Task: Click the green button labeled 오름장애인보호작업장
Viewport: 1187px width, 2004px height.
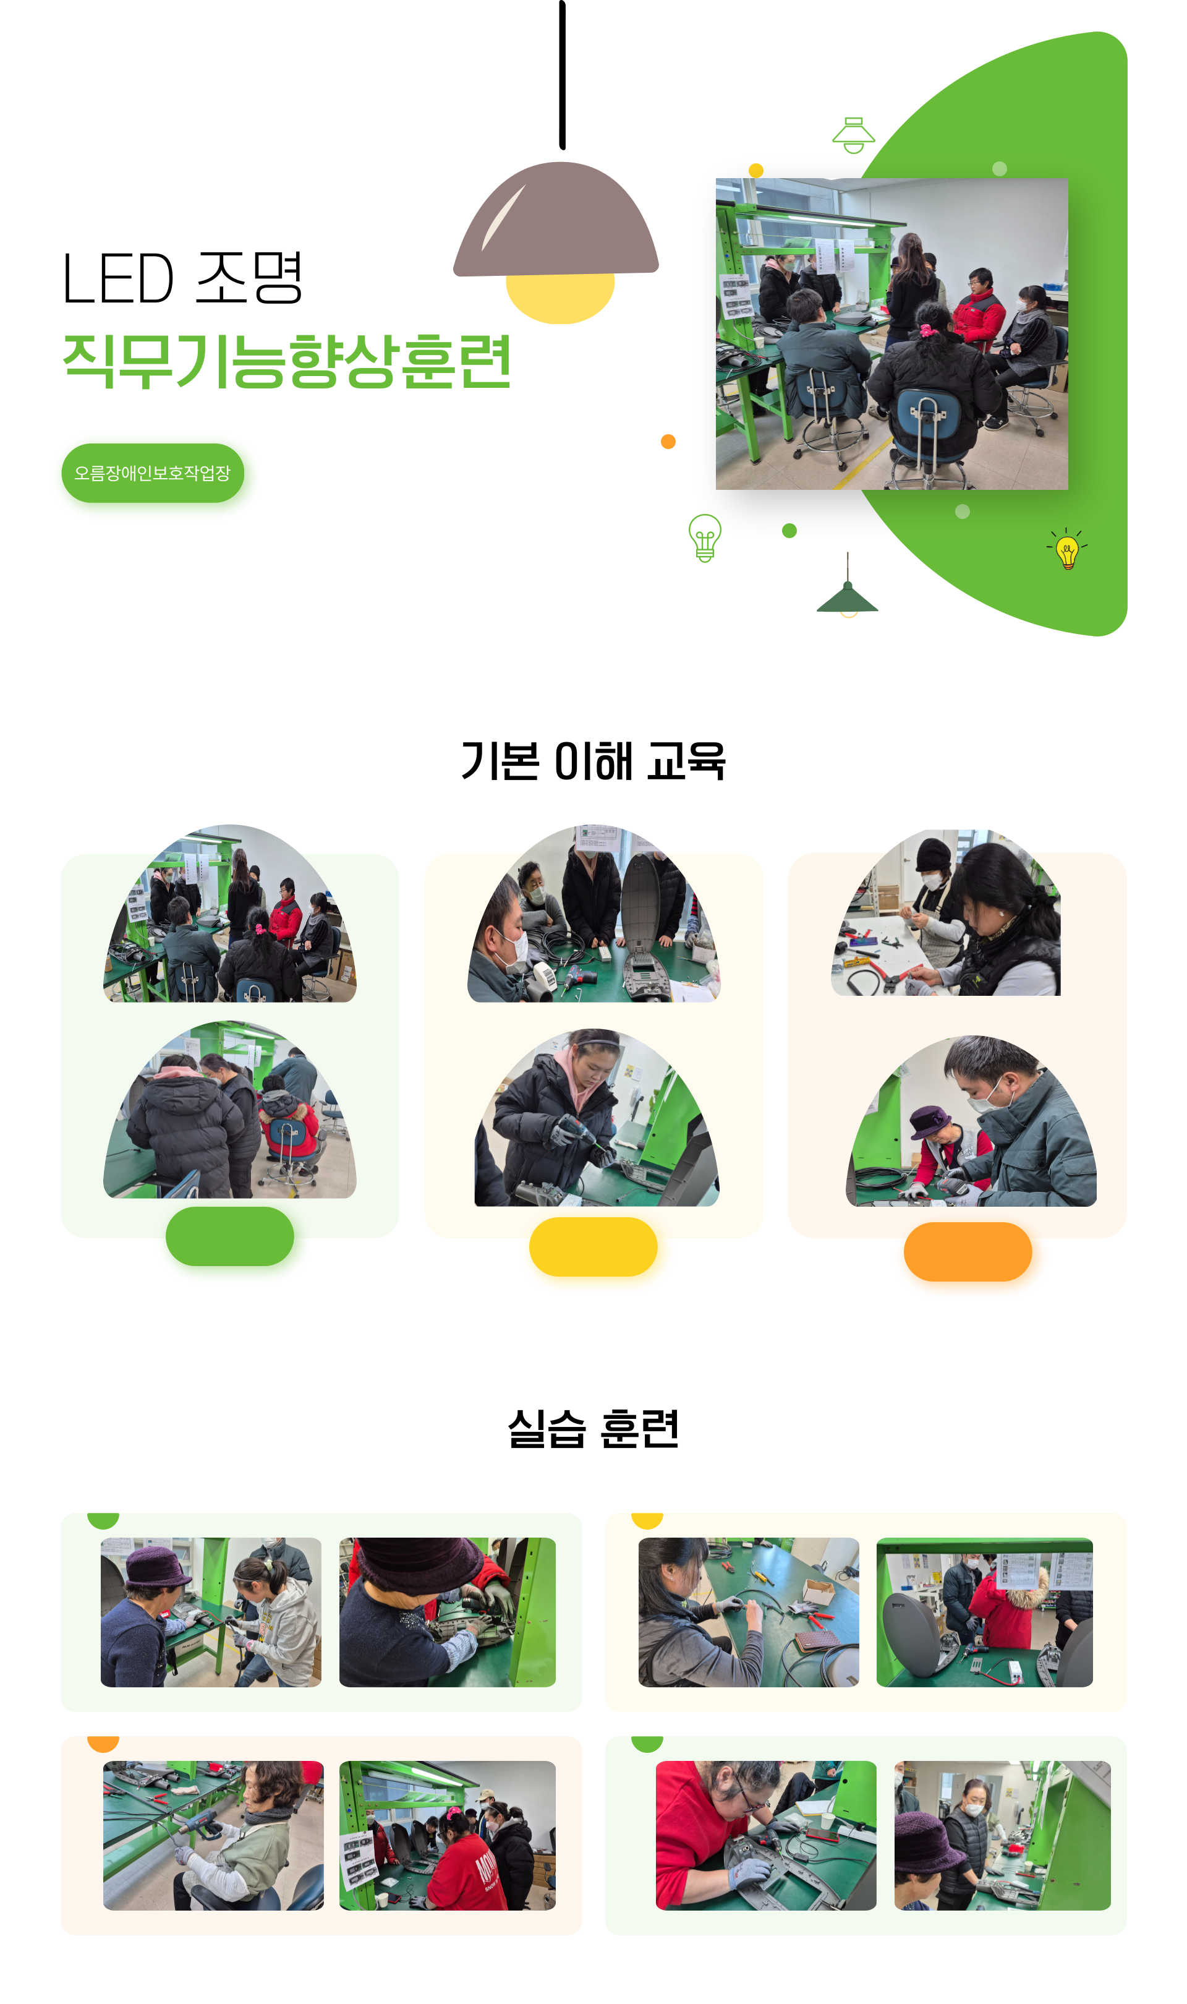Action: (x=153, y=473)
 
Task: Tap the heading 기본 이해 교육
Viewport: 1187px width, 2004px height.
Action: (x=593, y=760)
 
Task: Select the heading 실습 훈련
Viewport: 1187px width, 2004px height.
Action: (x=593, y=1428)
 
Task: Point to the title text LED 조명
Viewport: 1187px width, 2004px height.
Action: (x=182, y=278)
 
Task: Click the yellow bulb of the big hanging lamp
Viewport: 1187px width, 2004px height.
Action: (x=560, y=298)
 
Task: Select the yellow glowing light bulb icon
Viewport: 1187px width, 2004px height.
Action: (x=1067, y=549)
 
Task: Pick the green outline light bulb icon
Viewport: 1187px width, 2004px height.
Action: (x=705, y=537)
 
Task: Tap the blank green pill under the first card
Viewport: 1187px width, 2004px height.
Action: (x=229, y=1236)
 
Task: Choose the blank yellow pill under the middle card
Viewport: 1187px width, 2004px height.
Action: (x=593, y=1246)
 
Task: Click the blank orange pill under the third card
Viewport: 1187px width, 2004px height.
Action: (x=968, y=1251)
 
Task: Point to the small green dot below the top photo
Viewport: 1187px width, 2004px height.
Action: (x=789, y=531)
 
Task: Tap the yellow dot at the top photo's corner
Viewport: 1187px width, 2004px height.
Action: (x=756, y=170)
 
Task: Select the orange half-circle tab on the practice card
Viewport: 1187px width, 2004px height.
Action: (x=103, y=1743)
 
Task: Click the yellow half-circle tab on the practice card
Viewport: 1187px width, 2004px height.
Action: (x=647, y=1520)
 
